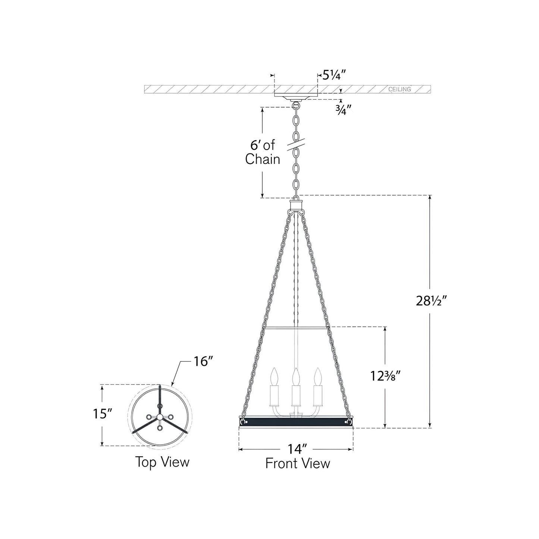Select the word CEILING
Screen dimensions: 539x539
coord(400,89)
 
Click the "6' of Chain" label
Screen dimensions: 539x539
coord(263,153)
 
